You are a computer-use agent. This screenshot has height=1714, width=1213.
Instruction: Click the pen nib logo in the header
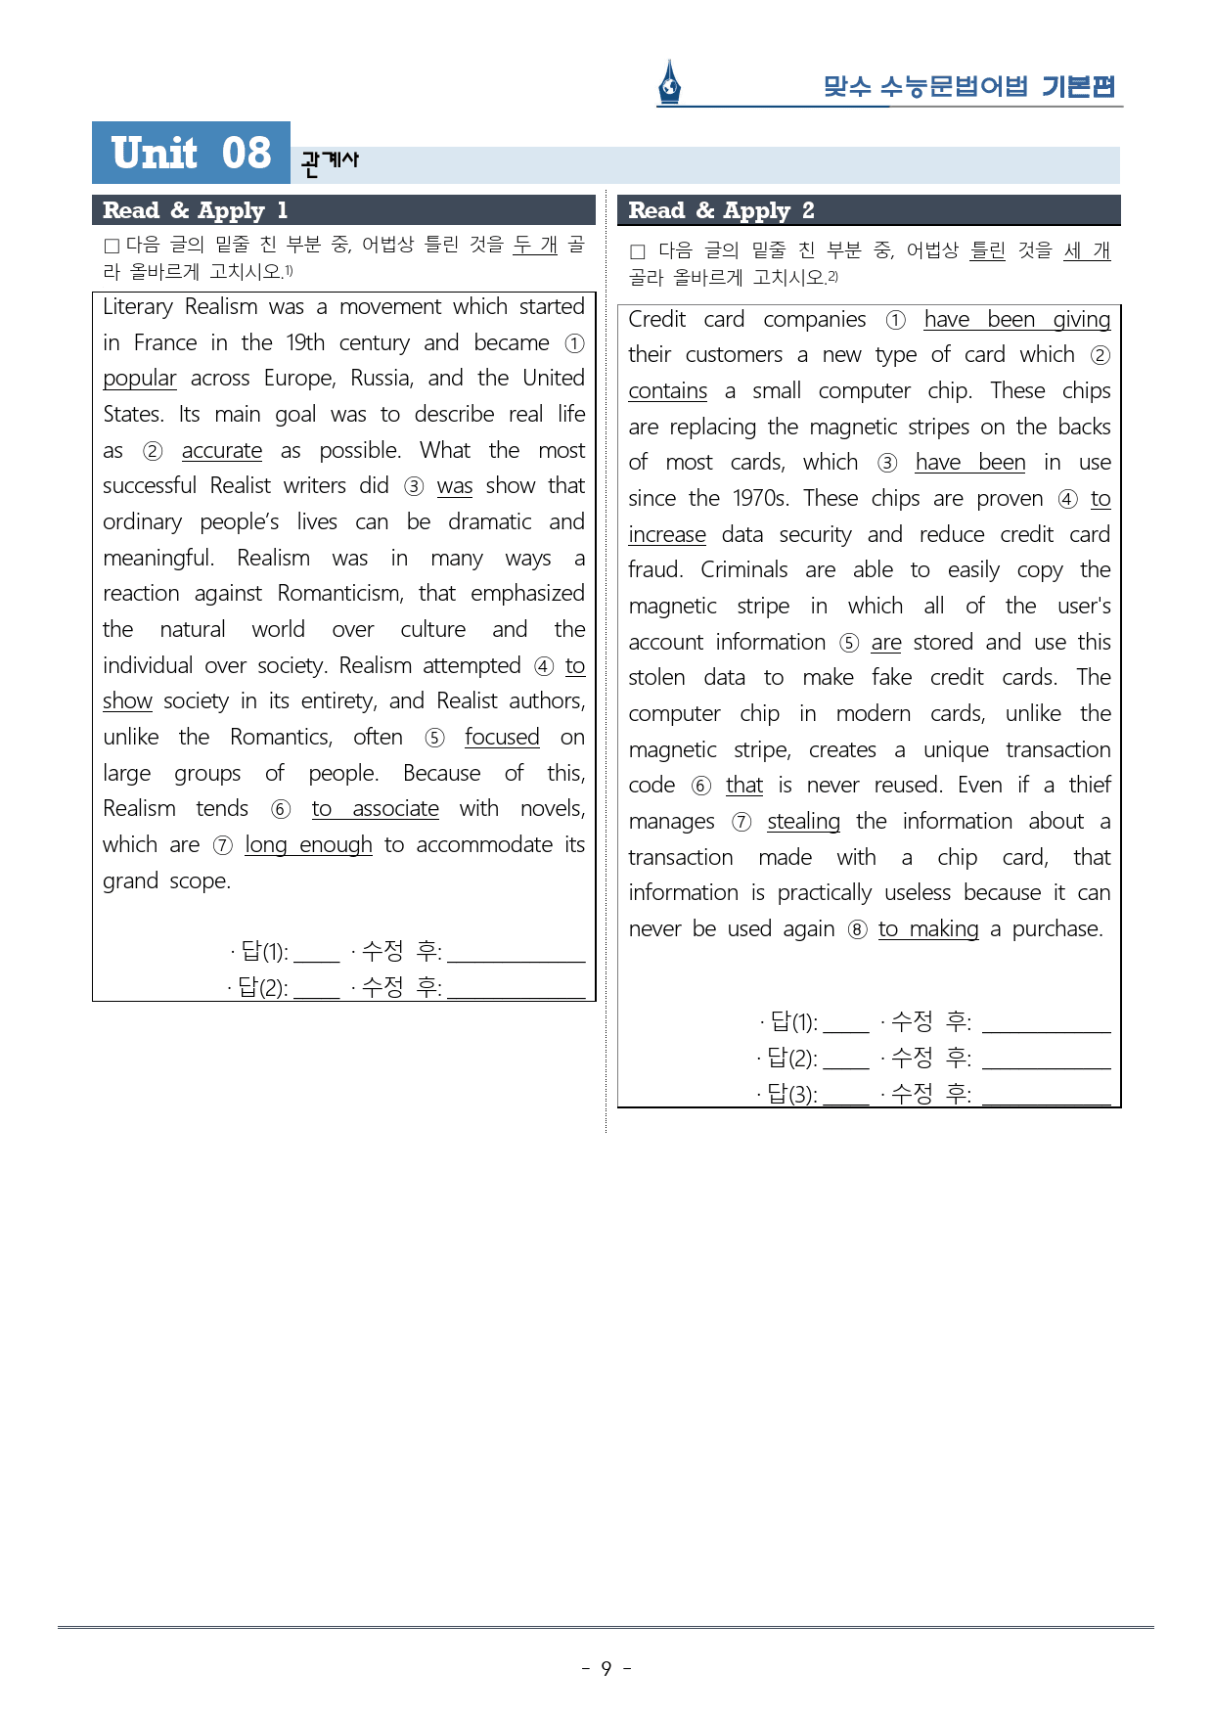coord(669,83)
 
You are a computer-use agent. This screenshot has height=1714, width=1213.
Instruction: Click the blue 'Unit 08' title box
coord(191,153)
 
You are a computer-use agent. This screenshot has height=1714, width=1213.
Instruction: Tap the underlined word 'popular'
coord(140,379)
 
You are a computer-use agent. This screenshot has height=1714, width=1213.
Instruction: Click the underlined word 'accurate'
coord(222,451)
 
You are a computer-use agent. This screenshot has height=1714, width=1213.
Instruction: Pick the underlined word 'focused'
coord(502,738)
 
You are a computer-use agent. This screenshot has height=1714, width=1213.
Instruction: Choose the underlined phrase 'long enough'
coord(308,845)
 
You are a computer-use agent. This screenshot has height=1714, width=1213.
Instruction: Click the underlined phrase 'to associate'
coord(375,809)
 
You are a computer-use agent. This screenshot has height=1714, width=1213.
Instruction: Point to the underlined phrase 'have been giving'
coord(1016,320)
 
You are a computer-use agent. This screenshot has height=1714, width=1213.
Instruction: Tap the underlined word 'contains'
coord(668,391)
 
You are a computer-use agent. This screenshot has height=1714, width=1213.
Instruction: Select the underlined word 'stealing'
coord(803,822)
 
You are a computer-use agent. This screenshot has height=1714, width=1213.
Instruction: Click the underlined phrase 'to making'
coord(928,929)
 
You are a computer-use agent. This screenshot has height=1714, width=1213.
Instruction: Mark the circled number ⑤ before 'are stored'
coord(849,643)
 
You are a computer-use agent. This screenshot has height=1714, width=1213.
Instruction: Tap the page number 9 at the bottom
coord(606,1668)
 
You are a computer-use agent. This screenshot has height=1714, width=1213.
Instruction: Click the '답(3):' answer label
coord(791,1094)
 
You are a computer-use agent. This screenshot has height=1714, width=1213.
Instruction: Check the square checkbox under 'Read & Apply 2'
coord(638,252)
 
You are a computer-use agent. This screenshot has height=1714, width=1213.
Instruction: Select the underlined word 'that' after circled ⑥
coord(744,786)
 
